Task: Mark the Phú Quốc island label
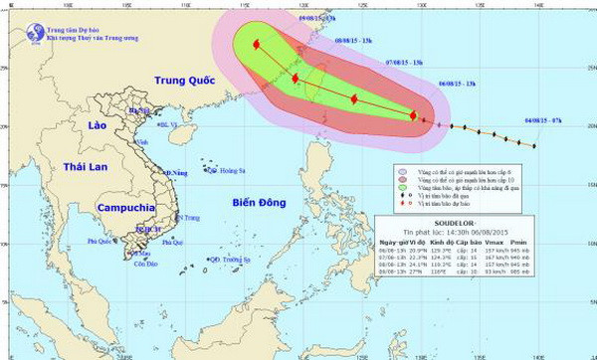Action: coord(99,242)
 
